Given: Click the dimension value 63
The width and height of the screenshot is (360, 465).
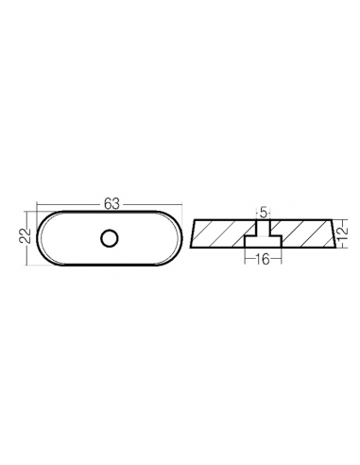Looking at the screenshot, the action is pyautogui.click(x=112, y=204).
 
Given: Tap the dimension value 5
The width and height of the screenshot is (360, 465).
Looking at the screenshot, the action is pyautogui.click(x=264, y=213).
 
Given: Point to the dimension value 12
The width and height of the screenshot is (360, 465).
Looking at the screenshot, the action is pyautogui.click(x=343, y=232).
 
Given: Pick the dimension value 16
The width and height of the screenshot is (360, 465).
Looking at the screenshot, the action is pyautogui.click(x=263, y=260).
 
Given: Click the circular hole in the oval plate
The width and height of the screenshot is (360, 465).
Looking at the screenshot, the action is pyautogui.click(x=110, y=238).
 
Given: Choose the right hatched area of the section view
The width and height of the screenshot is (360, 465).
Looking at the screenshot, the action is pyautogui.click(x=302, y=233).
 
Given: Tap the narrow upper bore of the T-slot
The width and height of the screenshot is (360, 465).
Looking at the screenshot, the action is pyautogui.click(x=263, y=228).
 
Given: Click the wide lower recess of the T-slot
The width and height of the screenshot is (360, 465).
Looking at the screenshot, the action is pyautogui.click(x=263, y=242).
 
